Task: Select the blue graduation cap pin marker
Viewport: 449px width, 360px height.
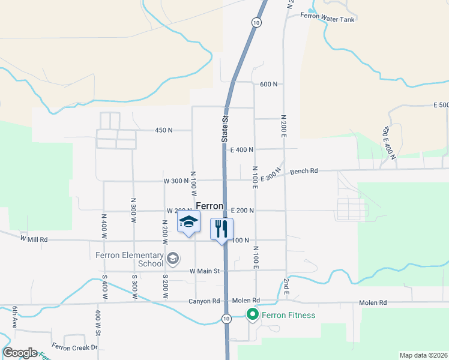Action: tap(188, 223)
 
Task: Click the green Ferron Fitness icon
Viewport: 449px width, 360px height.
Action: tap(253, 314)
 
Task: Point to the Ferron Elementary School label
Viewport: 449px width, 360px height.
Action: tap(129, 259)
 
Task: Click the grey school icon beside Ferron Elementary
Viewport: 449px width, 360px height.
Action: tap(173, 259)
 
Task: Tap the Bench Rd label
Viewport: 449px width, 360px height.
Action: tap(304, 171)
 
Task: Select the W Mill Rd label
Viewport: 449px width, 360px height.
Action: tap(34, 239)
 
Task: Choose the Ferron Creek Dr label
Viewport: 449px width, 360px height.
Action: tap(74, 347)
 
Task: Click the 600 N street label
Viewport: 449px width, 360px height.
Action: tap(269, 85)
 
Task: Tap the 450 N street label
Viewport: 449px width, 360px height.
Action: tap(163, 130)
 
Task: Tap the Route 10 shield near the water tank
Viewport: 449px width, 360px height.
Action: tap(256, 22)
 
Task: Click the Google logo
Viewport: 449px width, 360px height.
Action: tap(20, 353)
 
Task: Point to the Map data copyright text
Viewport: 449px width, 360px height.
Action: tap(423, 355)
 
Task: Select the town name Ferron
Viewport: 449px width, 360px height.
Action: tap(209, 206)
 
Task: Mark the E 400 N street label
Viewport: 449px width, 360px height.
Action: tap(242, 149)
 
